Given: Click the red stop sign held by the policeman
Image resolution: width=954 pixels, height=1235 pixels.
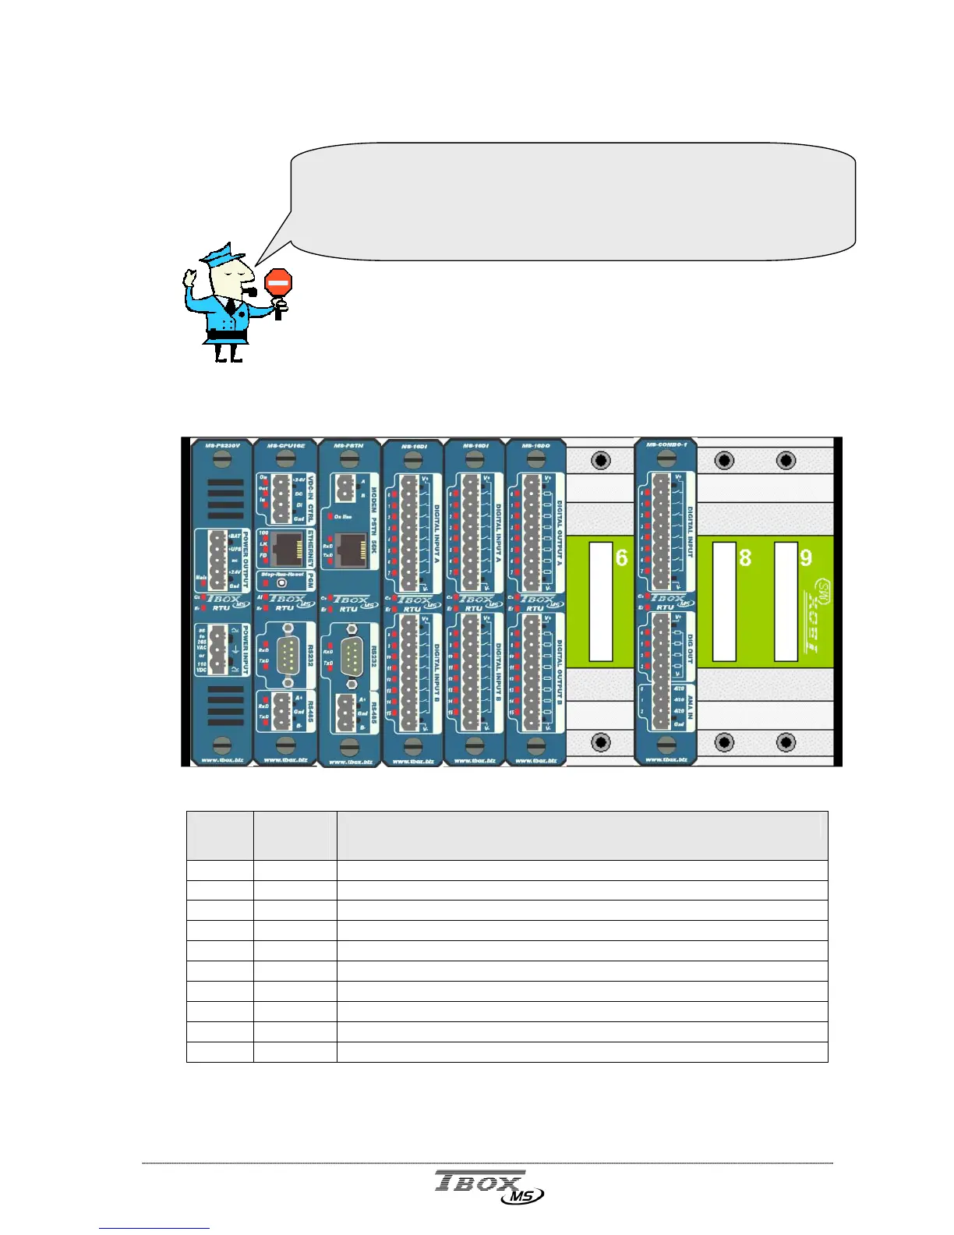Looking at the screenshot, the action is [x=278, y=282].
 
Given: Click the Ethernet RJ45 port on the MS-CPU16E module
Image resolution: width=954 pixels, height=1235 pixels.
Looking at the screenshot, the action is [x=288, y=549].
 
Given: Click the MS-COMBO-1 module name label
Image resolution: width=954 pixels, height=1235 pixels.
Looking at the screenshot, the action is [x=665, y=445].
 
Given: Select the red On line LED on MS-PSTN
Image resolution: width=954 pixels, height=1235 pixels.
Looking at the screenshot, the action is [x=330, y=517].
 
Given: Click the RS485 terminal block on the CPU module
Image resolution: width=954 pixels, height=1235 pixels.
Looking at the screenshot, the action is [x=282, y=712].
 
